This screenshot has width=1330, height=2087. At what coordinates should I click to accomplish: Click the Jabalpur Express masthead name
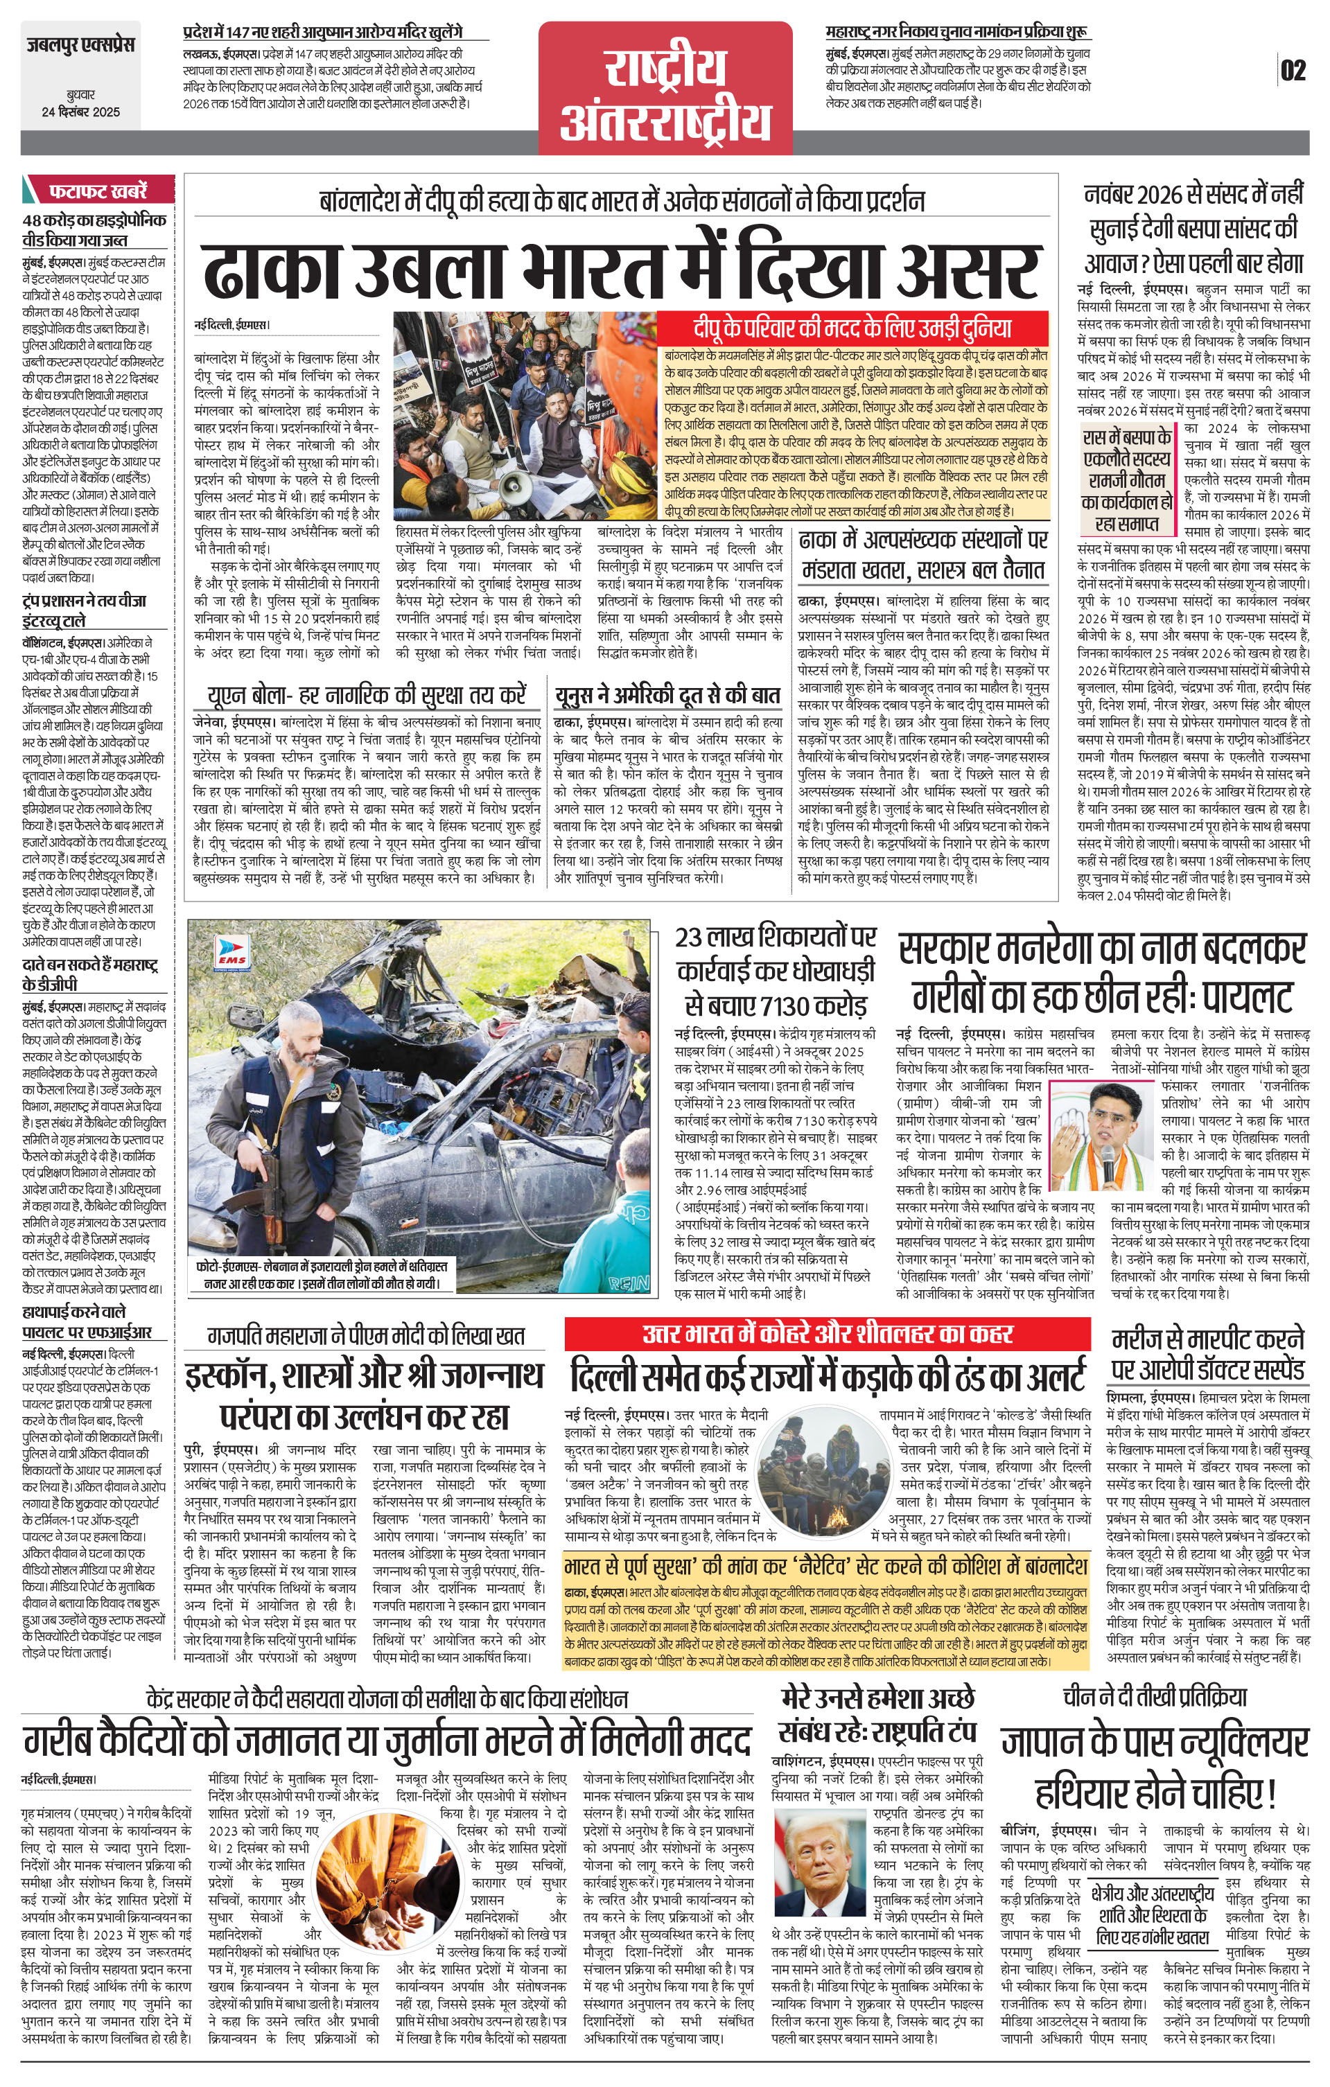click(80, 44)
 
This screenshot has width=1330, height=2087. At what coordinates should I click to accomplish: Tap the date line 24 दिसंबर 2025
click(80, 112)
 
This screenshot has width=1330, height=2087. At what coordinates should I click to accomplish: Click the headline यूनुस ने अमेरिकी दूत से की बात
click(667, 695)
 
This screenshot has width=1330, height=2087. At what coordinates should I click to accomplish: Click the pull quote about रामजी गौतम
click(1127, 481)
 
